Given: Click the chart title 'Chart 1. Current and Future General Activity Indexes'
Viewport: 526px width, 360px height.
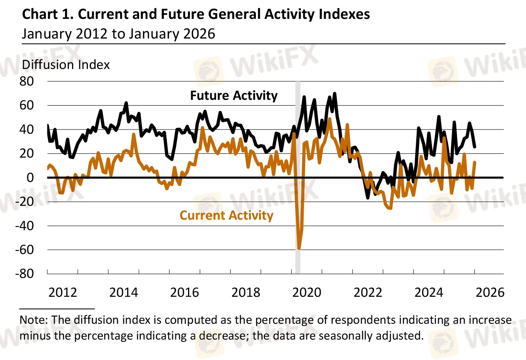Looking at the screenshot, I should [196, 14].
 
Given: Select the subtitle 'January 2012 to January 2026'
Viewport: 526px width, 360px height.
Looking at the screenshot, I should [118, 34].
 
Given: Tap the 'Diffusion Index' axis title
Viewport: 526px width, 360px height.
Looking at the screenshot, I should [66, 65].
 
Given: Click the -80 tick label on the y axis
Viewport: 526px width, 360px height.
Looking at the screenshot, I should [24, 274].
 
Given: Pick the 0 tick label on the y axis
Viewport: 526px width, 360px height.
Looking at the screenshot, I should [30, 177].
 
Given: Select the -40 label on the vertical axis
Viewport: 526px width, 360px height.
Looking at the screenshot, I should [24, 225].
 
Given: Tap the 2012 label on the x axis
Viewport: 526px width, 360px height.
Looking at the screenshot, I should [63, 293].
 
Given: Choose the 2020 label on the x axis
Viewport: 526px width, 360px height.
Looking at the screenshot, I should [307, 293].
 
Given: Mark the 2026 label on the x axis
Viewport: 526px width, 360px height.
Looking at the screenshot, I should [490, 293].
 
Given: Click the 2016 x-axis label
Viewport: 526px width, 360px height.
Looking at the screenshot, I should [185, 293].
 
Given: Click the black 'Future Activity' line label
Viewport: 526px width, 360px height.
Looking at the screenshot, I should [234, 96].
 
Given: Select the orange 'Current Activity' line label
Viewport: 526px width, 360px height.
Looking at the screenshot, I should [227, 215].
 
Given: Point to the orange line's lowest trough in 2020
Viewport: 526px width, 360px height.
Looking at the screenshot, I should [299, 249].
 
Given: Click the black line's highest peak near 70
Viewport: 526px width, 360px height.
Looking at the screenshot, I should [334, 93].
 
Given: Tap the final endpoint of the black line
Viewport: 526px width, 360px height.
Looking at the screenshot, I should [475, 147].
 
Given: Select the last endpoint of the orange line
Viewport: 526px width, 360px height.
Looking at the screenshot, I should [475, 162].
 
